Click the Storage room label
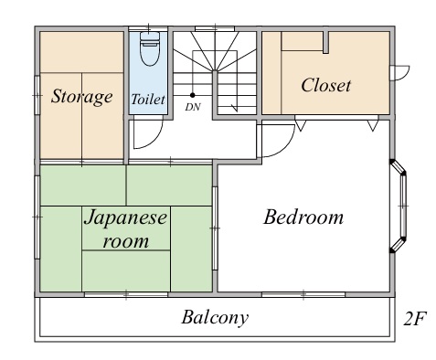pos(81,97)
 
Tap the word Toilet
pos(148,100)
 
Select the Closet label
pos(325,85)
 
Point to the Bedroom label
pos(303,217)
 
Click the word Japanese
pos(125,218)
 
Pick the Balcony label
pos(215,318)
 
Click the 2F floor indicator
pos(415,319)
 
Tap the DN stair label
pos(193,107)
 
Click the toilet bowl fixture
pos(149,48)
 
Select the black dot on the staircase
pos(193,95)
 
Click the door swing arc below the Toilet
pos(153,140)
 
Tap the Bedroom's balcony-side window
pos(303,294)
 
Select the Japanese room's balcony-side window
pos(126,294)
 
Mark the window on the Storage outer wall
pos(37,95)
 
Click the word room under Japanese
pos(126,241)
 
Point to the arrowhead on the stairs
pos(235,107)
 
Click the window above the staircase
pos(215,28)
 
